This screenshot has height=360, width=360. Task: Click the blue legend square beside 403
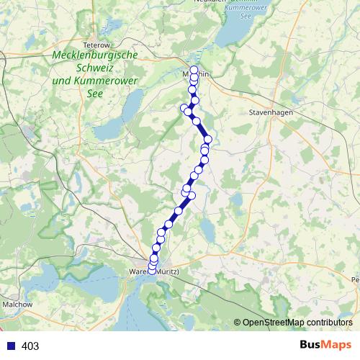pos(11,346)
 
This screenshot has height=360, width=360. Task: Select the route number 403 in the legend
pos(30,346)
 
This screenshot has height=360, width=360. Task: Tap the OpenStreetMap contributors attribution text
pos(297,323)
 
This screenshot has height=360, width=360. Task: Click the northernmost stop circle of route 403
pos(194,70)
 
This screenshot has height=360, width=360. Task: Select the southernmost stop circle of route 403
pos(152,269)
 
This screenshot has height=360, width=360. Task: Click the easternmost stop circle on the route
pos(208,140)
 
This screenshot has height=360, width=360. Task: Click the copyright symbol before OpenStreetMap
pos(238,323)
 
